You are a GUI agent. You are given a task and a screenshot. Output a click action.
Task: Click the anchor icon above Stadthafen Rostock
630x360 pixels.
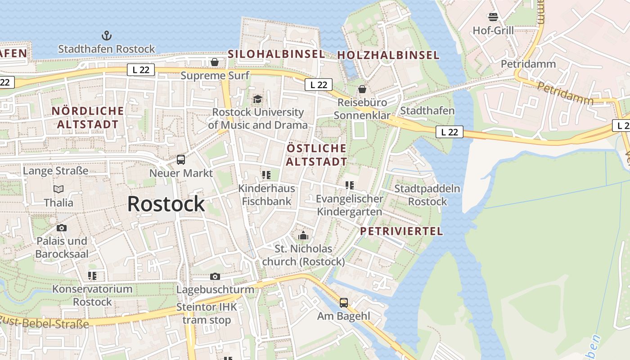point(107,36)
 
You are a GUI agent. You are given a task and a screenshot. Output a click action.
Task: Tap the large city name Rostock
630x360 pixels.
point(166,204)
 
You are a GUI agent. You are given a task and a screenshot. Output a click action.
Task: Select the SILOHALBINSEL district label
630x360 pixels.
point(276,54)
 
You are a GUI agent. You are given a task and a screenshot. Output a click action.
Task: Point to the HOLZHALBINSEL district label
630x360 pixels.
point(388,55)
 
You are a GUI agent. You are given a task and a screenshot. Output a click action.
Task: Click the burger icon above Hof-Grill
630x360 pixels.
point(493,17)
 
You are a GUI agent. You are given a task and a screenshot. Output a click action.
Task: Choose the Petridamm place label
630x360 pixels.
point(528,64)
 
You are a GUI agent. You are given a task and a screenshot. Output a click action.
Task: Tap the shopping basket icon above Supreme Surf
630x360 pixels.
point(215,62)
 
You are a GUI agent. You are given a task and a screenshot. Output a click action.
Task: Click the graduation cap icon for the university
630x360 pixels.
point(257,99)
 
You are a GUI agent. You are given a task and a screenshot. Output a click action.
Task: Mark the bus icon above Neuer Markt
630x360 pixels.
point(181,159)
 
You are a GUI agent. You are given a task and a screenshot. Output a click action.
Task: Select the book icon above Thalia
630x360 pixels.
point(58,189)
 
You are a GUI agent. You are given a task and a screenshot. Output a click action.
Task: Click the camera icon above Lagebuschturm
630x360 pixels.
point(215,276)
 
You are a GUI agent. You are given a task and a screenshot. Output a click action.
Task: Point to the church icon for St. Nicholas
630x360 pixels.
point(303,235)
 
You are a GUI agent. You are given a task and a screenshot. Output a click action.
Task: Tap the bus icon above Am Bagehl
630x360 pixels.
point(344,303)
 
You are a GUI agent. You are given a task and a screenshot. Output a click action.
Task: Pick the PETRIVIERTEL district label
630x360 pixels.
point(401,231)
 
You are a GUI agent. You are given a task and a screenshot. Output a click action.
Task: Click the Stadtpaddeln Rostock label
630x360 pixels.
point(427,195)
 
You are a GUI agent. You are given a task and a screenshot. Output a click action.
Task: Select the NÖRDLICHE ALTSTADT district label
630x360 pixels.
point(87,117)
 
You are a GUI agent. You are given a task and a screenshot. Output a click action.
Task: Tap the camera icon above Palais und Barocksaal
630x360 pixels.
point(62,228)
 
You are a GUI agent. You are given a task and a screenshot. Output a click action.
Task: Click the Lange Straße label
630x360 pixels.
point(55,171)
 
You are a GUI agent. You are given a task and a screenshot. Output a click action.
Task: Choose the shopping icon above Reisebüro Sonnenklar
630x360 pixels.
point(362,90)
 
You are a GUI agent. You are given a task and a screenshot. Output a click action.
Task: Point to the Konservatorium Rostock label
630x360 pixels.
point(92,295)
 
